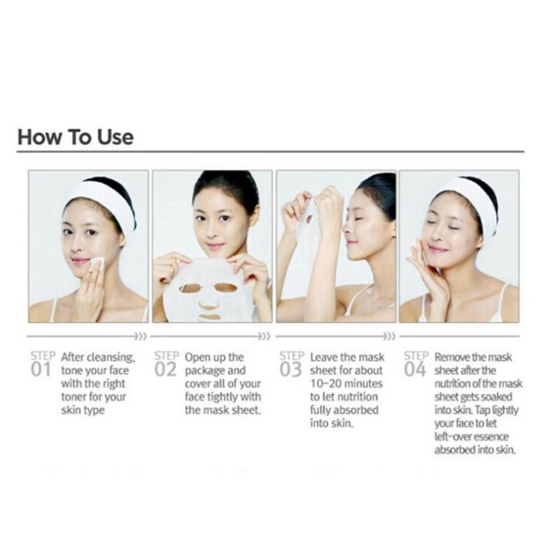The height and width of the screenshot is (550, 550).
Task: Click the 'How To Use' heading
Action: [76, 136]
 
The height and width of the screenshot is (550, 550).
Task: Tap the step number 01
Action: [41, 370]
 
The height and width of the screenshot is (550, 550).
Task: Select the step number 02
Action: [165, 370]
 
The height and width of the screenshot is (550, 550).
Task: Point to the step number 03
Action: [290, 370]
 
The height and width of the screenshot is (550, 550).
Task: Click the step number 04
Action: [415, 370]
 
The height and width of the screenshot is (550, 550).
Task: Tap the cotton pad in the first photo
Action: [97, 263]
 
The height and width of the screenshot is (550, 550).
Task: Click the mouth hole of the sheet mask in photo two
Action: [210, 317]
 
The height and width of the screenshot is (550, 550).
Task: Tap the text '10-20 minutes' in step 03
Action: [346, 383]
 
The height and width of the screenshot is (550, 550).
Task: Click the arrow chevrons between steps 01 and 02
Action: [141, 337]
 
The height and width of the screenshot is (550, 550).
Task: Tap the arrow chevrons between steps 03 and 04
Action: [389, 337]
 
